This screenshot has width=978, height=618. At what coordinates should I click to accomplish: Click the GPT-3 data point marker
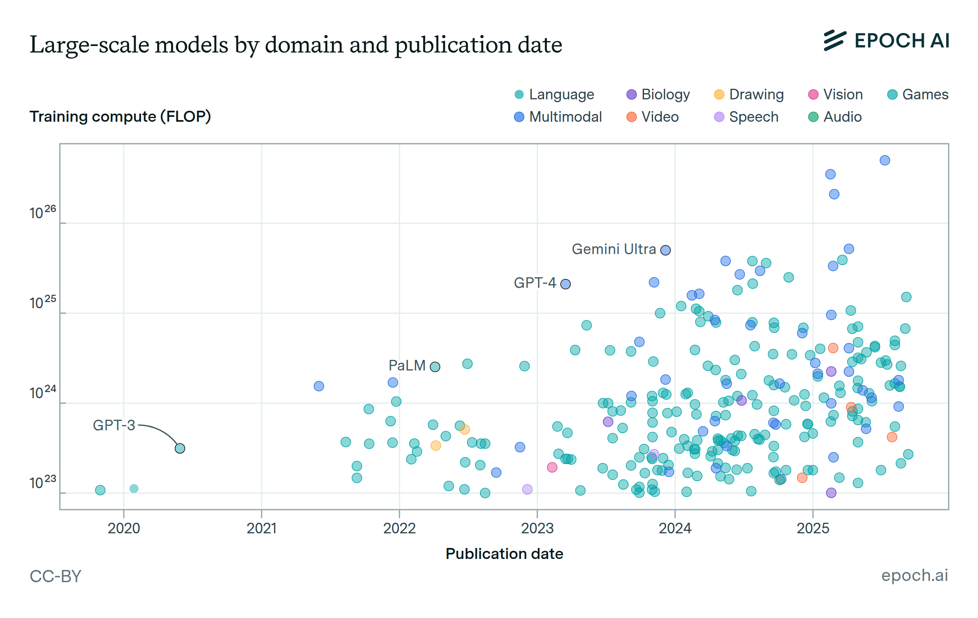[180, 448]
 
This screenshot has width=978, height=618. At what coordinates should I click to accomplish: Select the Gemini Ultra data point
[665, 250]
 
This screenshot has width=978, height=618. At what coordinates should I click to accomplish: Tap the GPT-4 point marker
[566, 284]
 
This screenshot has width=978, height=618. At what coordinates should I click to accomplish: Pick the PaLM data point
[435, 367]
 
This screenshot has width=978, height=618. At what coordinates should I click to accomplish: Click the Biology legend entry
[658, 94]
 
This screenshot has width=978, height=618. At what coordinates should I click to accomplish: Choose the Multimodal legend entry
[558, 117]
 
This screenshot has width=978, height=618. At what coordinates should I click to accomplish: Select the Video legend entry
[652, 117]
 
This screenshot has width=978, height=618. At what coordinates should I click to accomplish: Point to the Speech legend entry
[746, 117]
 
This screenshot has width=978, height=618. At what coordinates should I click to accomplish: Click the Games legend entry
[918, 94]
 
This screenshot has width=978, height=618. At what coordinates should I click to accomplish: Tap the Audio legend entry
[835, 117]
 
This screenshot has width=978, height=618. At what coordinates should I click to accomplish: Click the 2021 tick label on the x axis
[262, 528]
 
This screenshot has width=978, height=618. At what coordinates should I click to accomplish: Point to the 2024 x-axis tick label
[675, 528]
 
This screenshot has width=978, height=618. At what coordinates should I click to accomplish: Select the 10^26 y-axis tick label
[42, 212]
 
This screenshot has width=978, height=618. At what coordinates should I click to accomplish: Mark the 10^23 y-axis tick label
[42, 482]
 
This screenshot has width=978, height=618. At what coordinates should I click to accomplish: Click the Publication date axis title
[504, 554]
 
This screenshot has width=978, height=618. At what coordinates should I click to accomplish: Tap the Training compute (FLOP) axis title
[120, 117]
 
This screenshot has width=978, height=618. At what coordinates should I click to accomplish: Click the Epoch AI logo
[886, 41]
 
